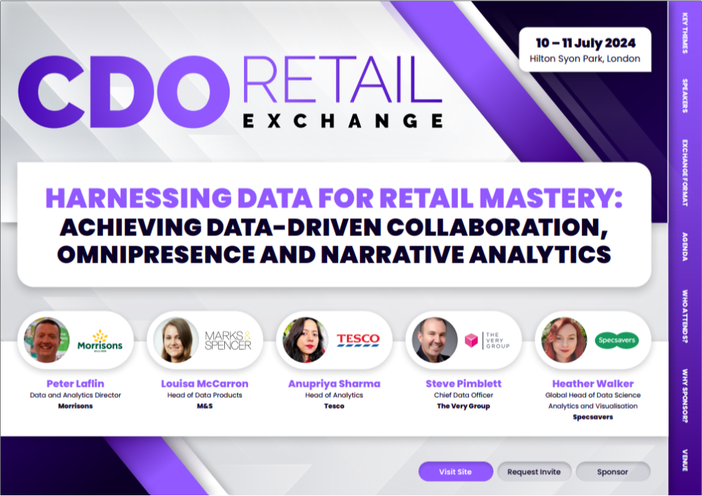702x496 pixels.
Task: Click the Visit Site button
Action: [x=455, y=471]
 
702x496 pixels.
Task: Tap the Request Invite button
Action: [x=534, y=471]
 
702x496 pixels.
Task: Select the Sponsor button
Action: [x=612, y=471]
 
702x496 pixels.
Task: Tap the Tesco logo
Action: [x=358, y=340]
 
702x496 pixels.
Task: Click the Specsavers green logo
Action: [x=616, y=340]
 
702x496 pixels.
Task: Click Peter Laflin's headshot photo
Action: [x=47, y=340]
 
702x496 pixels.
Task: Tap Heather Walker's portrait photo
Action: [x=564, y=340]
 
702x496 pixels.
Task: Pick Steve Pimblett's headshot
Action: [x=435, y=340]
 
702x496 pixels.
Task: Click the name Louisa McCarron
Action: [x=204, y=383]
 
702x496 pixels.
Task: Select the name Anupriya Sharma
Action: [x=334, y=383]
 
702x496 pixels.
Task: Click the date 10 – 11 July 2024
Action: [x=585, y=43]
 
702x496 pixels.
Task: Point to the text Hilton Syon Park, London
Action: [x=585, y=59]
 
